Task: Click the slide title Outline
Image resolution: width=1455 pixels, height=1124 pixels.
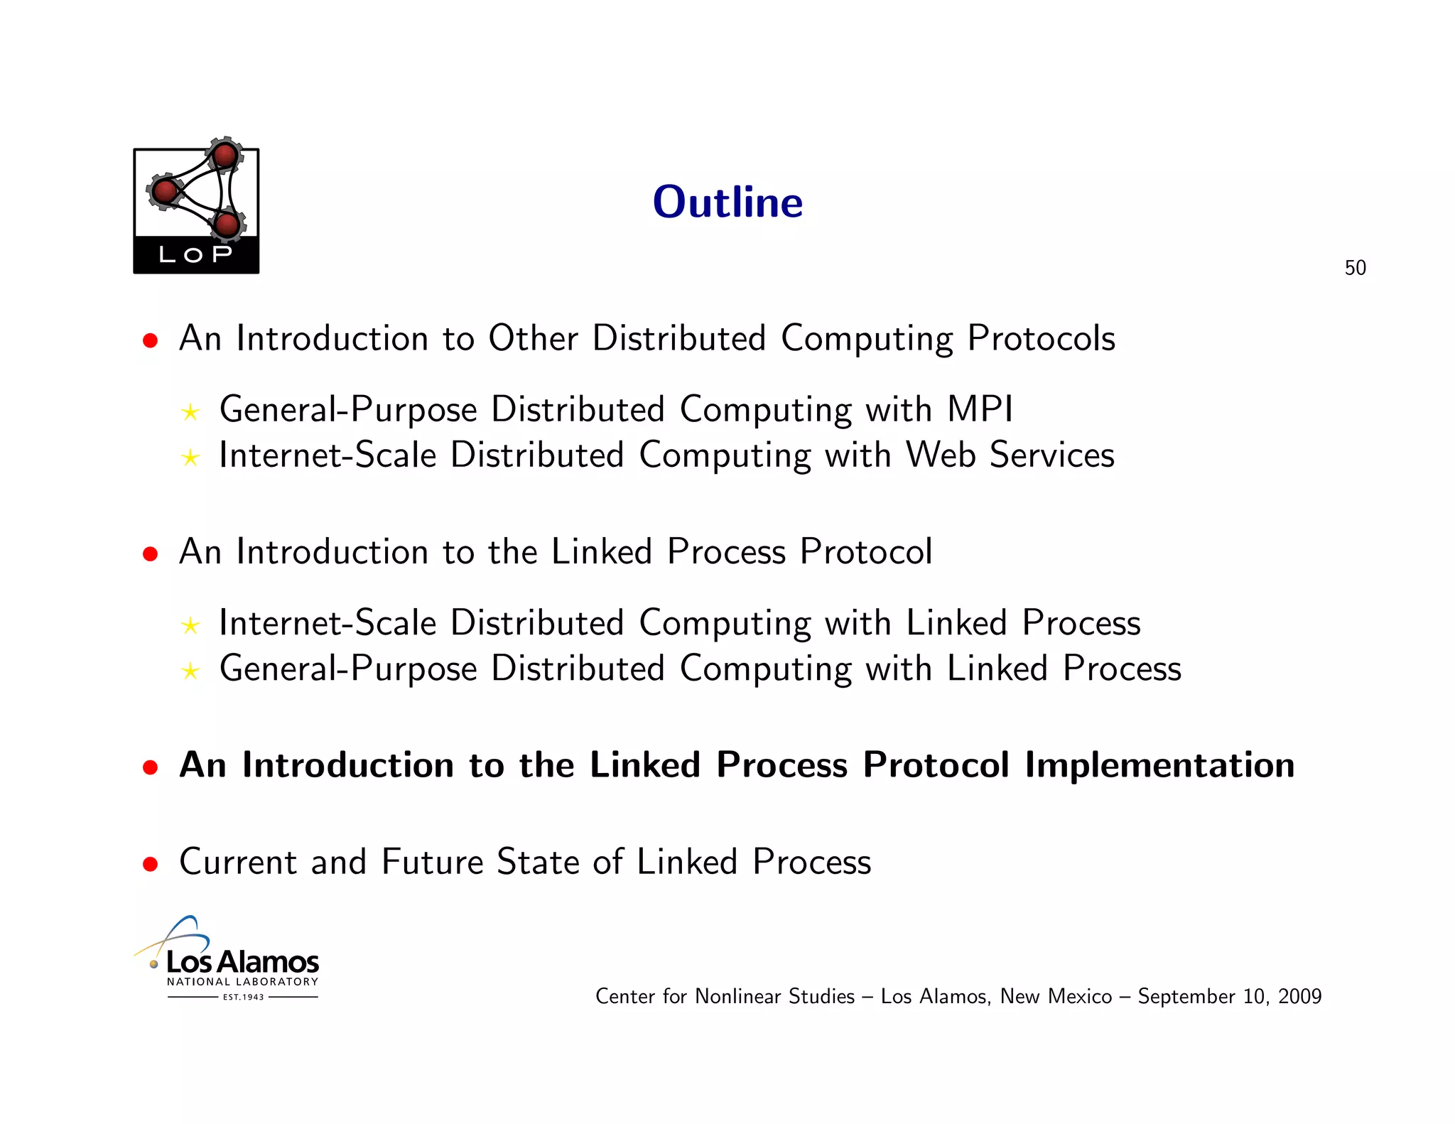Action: (727, 202)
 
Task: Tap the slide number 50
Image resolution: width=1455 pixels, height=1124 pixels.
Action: (1355, 268)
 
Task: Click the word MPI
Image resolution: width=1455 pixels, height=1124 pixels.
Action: (980, 410)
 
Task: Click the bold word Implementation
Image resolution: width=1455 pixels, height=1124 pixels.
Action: (1159, 766)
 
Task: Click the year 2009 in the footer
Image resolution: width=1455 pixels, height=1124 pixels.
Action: (1299, 997)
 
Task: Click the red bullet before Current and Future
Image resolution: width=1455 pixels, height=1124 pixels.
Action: (150, 864)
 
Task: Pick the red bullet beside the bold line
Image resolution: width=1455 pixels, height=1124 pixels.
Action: (150, 767)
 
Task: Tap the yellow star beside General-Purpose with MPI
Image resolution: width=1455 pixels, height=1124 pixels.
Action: (190, 412)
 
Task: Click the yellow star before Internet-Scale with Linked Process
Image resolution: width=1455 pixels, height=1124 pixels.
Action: (190, 626)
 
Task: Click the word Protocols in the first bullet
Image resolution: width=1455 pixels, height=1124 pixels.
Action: (1041, 339)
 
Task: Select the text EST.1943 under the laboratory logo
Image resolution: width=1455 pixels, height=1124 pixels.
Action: (243, 998)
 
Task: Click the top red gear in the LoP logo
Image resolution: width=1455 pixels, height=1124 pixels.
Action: (225, 155)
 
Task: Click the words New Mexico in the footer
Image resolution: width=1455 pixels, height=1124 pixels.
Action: (1056, 997)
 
